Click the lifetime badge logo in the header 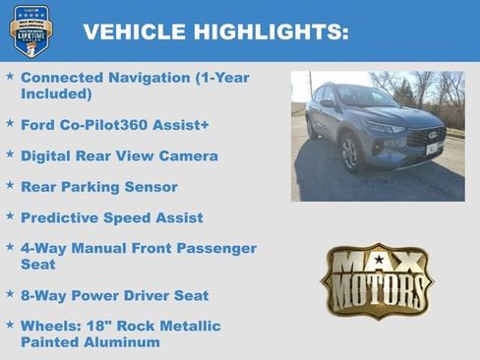[31, 31]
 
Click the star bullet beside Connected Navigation [10, 76]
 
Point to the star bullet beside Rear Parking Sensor [10, 186]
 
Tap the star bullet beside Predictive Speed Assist [10, 216]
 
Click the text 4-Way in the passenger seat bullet [42, 248]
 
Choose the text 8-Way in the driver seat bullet [42, 295]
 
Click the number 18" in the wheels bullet [101, 326]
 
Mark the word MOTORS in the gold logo [377, 292]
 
